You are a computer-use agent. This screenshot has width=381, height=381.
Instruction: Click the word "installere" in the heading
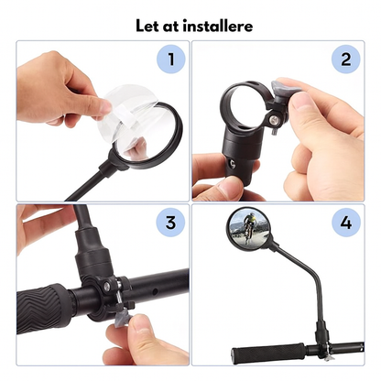click(x=218, y=26)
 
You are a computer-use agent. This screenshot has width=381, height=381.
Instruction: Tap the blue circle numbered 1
click(x=171, y=59)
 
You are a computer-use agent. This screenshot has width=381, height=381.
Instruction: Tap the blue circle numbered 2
click(x=346, y=59)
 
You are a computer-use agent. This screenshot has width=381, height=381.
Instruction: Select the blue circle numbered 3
click(x=171, y=223)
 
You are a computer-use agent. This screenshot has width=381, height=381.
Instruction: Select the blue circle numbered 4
click(x=346, y=223)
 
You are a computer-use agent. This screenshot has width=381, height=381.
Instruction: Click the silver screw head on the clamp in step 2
click(x=274, y=119)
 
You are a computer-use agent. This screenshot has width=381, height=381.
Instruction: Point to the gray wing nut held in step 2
click(x=282, y=88)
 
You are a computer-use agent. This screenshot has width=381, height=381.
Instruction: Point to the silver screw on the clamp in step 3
click(x=107, y=286)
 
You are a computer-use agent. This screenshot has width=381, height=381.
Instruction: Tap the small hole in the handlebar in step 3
click(x=156, y=292)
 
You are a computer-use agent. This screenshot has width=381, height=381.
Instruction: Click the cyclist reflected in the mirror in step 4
click(x=249, y=227)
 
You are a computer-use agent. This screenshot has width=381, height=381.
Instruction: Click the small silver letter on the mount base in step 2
click(x=234, y=165)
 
